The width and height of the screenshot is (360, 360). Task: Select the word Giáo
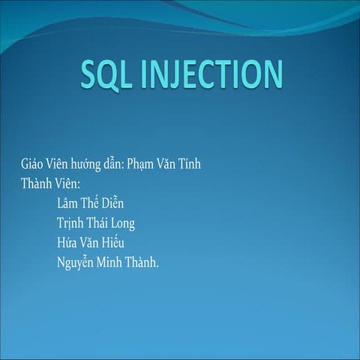[x=33, y=164]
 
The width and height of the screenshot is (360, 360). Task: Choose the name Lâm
[x=68, y=203]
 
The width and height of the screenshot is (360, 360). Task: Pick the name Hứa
[x=67, y=243]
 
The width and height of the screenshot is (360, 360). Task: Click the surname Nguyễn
[x=77, y=263]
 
